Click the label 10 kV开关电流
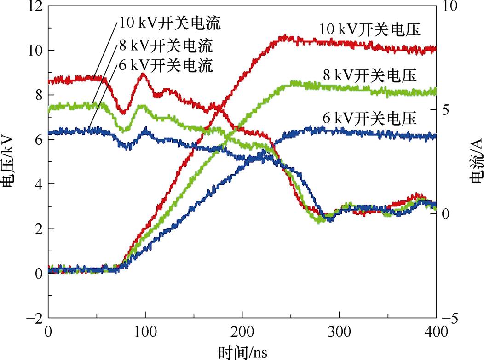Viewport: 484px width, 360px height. click(x=170, y=23)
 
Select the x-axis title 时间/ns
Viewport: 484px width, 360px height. click(x=242, y=352)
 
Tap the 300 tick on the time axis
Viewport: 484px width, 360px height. click(x=340, y=332)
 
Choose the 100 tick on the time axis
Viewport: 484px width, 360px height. click(x=145, y=332)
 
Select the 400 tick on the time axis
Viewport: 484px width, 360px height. click(x=436, y=332)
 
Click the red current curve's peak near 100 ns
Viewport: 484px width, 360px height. click(x=143, y=74)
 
